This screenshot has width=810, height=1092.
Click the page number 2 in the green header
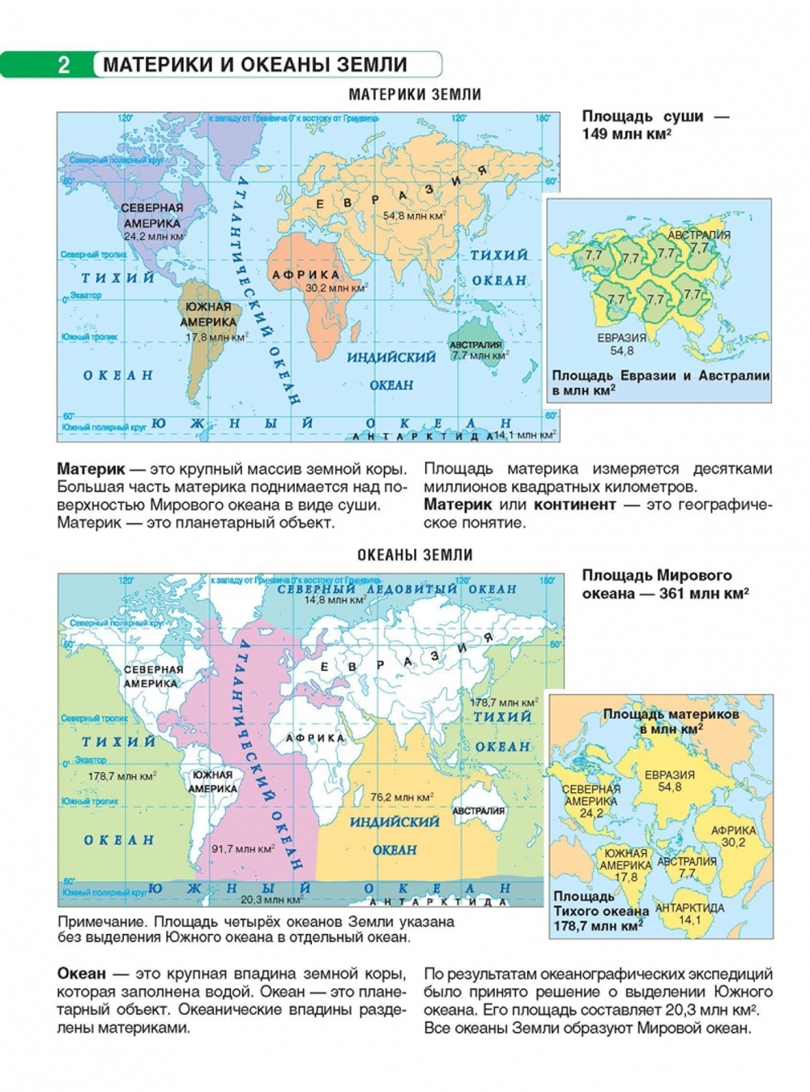[65, 65]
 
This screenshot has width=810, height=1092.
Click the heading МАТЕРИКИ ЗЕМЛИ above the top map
[415, 95]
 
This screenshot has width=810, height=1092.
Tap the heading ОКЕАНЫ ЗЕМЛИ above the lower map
[415, 556]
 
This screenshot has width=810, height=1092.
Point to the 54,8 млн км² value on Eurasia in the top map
[414, 216]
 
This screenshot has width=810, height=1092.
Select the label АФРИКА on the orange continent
[306, 275]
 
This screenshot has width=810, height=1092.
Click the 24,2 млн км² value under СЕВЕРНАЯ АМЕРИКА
[154, 237]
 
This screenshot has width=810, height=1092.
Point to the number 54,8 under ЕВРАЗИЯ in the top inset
[622, 352]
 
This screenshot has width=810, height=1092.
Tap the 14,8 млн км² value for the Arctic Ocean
[335, 601]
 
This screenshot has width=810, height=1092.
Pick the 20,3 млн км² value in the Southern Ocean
[271, 899]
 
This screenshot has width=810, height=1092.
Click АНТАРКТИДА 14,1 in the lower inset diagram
[689, 914]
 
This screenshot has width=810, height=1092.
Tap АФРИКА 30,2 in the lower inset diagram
[734, 836]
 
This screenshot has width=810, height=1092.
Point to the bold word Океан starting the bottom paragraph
[81, 974]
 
